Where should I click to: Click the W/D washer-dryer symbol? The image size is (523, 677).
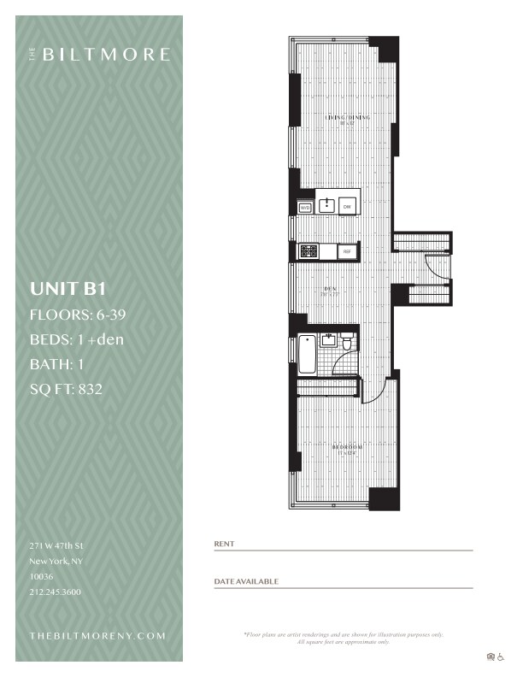tap(304, 207)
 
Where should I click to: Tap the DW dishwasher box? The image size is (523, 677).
tap(347, 207)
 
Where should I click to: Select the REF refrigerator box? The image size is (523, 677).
tap(347, 251)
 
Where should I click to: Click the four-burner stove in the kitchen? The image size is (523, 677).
tap(309, 251)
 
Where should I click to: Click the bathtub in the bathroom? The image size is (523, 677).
tap(307, 355)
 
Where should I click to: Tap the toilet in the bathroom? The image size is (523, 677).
tap(347, 344)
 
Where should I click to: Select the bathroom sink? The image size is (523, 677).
tap(327, 339)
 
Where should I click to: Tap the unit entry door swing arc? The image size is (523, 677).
tap(438, 268)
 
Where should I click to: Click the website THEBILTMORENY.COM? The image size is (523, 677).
tap(97, 637)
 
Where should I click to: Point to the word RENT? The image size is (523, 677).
tap(224, 544)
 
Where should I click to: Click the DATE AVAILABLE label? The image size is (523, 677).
tap(246, 581)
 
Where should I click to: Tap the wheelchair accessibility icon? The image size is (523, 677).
tap(502, 656)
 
